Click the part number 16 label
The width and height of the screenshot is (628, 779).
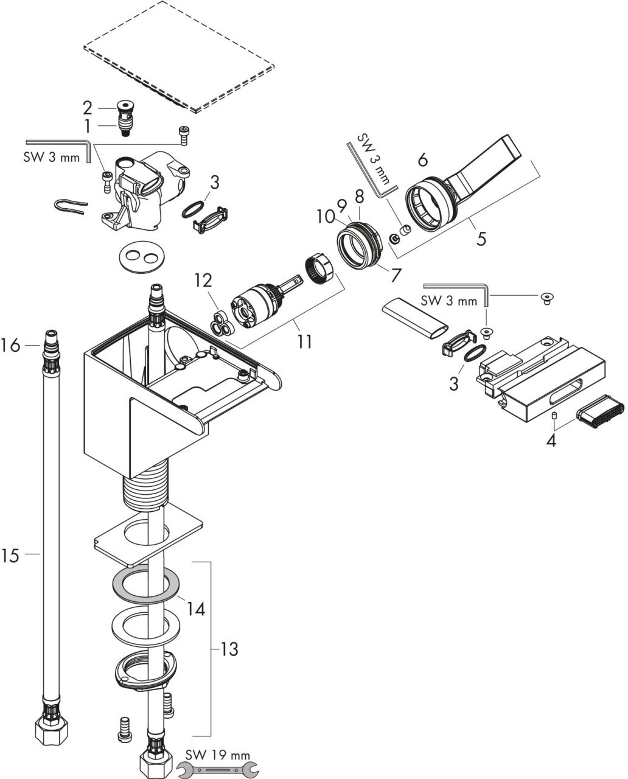point(10,345)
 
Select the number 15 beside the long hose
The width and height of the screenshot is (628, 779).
point(10,556)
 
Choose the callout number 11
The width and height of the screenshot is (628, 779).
point(304,341)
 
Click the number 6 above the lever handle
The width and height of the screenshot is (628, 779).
point(423,159)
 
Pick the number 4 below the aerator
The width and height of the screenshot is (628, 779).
point(551,441)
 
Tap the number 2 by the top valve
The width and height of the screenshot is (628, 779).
point(88,108)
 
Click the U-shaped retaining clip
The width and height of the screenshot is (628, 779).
point(71,207)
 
